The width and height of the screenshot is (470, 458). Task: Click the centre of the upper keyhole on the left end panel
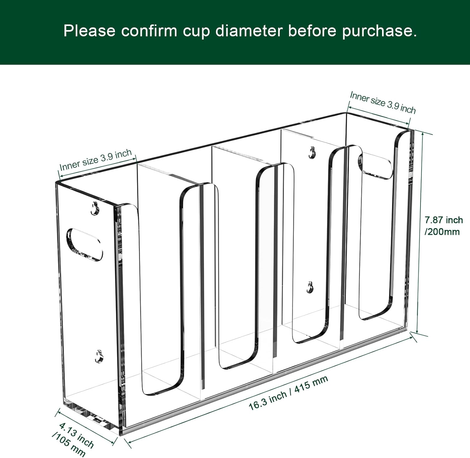(x=94, y=209)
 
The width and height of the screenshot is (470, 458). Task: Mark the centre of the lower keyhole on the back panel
(x=310, y=287)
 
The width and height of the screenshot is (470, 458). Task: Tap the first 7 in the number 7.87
(x=427, y=220)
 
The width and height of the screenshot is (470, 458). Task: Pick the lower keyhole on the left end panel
(x=99, y=356)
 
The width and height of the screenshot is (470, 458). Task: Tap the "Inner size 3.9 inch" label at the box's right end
(x=383, y=102)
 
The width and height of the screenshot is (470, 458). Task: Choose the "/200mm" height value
(x=442, y=232)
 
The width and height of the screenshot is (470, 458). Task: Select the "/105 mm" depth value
(x=69, y=445)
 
